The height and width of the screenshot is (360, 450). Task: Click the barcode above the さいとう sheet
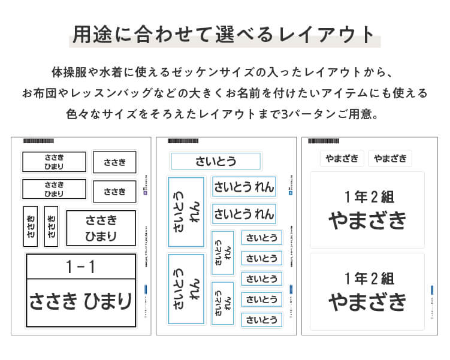coord(183,141)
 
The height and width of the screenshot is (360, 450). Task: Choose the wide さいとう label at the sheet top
coord(216,161)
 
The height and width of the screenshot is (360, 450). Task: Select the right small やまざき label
coord(390,158)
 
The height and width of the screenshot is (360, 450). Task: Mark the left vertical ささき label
coord(31,226)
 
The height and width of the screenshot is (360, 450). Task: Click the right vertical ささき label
coord(52,226)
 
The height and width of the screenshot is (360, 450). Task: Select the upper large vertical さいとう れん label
coord(186,211)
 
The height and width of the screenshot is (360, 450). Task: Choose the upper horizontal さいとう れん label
coord(243,186)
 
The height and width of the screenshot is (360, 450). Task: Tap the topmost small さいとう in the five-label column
coord(262,238)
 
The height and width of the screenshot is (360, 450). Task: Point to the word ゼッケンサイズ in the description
coord(231,73)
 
